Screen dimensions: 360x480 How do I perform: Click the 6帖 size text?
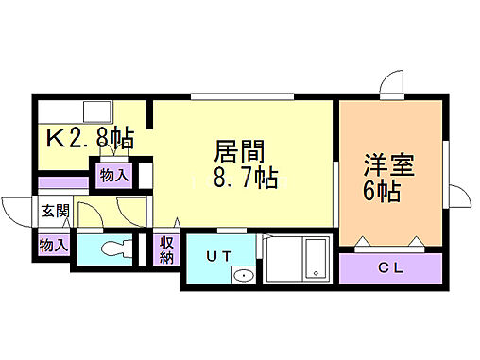[x=383, y=192]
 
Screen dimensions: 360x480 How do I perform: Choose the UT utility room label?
[x=219, y=255]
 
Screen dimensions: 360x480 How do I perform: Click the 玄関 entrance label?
[x=54, y=211]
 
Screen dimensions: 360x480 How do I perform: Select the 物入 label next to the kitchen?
[x=113, y=176]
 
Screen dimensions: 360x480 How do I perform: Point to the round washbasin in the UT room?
[x=244, y=277]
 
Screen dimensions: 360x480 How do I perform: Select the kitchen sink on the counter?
[x=94, y=110]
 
